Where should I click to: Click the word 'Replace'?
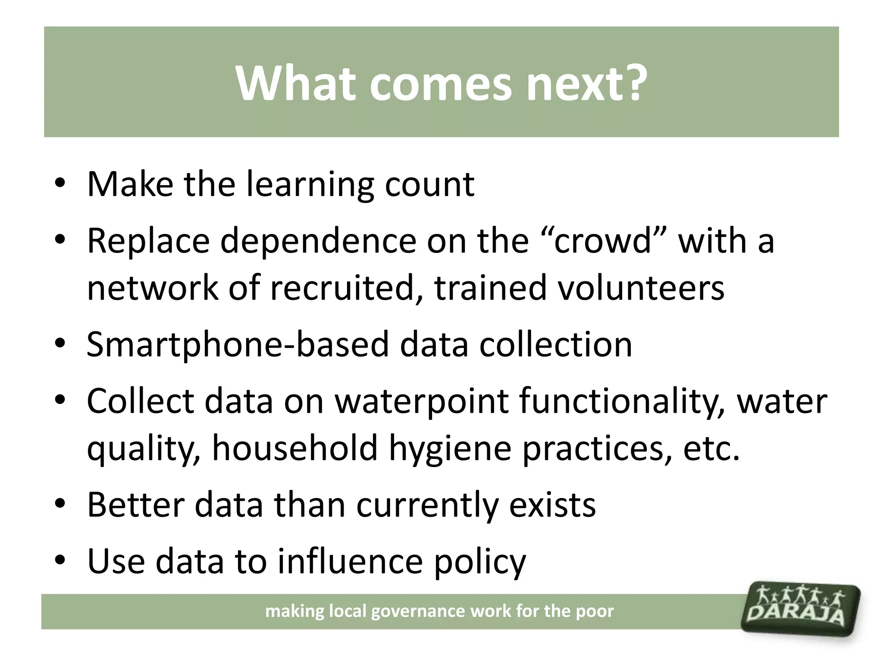pyautogui.click(x=148, y=241)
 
